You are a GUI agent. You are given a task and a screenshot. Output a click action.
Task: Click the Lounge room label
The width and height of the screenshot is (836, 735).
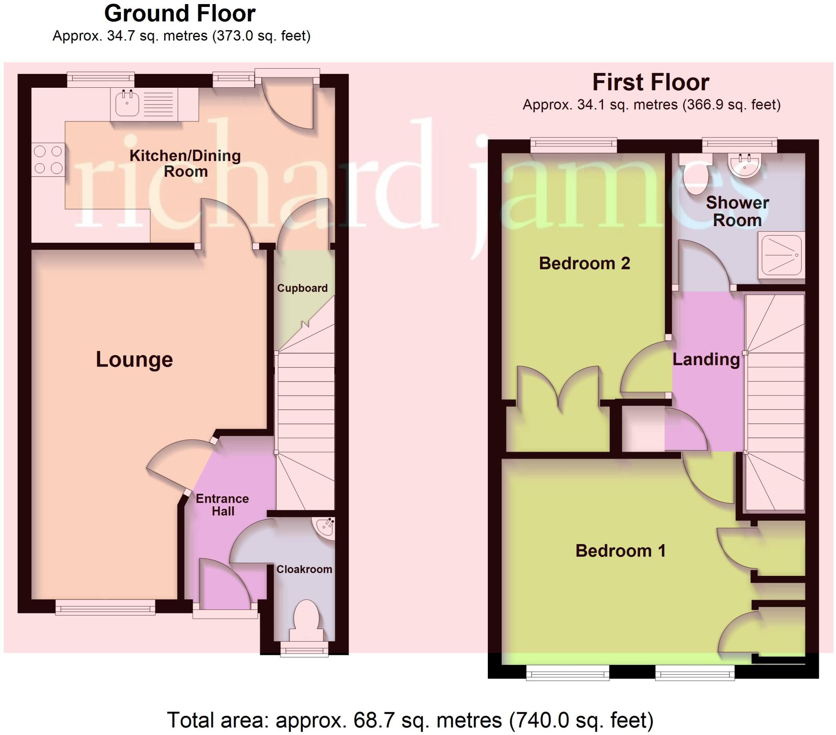click(x=134, y=360)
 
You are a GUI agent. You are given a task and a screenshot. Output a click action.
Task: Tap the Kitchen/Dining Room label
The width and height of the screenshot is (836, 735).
click(x=185, y=163)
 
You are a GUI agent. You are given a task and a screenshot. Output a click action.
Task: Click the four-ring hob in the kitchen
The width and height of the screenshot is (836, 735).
click(x=48, y=160)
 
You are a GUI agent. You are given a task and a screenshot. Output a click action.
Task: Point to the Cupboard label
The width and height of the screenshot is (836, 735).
click(x=302, y=288)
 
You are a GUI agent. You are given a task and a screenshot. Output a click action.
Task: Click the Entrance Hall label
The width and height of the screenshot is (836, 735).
click(x=222, y=505)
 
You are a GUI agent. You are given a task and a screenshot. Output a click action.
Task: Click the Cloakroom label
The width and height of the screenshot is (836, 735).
click(x=304, y=569)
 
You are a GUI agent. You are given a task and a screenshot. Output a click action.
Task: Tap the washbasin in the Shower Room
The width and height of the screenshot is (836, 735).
click(x=745, y=166)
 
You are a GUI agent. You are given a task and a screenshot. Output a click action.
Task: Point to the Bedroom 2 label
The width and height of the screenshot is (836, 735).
click(x=585, y=263)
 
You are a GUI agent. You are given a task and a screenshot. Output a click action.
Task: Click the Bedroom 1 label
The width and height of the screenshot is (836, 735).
click(x=620, y=551)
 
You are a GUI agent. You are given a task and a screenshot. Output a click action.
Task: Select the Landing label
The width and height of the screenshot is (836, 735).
click(x=706, y=360)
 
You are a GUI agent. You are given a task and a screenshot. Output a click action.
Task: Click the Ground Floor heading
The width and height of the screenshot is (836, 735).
click(x=180, y=13)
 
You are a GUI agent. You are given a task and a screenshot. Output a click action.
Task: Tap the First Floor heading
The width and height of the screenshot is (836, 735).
click(x=651, y=82)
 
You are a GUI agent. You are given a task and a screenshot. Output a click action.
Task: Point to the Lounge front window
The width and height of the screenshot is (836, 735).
click(x=106, y=607)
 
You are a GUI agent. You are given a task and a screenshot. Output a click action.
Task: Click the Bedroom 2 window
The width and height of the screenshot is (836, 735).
click(x=574, y=145)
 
